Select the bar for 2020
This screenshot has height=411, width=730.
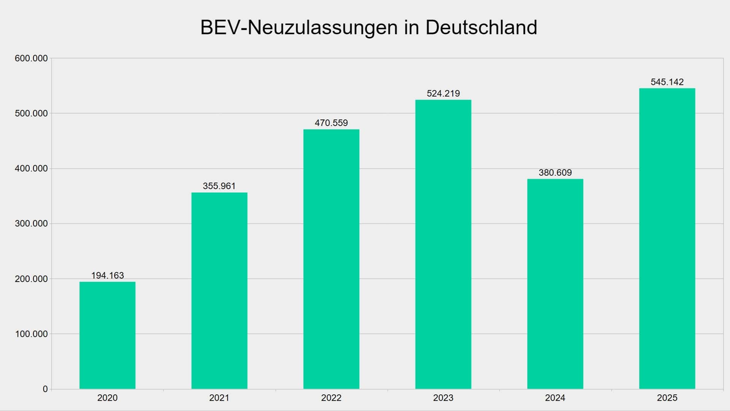pos(107,335)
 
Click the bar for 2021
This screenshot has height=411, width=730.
pos(219,291)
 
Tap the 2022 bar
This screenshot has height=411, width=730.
pos(331,259)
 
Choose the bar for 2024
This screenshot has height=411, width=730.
pos(555,284)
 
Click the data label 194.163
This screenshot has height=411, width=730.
pos(108,276)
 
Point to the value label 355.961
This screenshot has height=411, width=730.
pos(219,186)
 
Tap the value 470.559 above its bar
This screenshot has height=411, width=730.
pos(331,123)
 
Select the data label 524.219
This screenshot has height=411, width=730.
pos(443,94)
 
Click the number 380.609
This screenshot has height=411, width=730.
pos(555,173)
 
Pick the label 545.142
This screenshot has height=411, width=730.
pos(667,82)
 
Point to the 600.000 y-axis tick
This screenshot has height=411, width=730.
pos(31,59)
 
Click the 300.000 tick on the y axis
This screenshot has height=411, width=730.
pos(31,224)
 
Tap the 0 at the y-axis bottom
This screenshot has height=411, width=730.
pos(45,389)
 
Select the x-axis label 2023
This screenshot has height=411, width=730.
pos(443,398)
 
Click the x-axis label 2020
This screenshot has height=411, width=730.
pos(107,398)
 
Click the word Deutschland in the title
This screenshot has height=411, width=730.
pos(481,27)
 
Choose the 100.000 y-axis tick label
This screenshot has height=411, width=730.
pos(31,334)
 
